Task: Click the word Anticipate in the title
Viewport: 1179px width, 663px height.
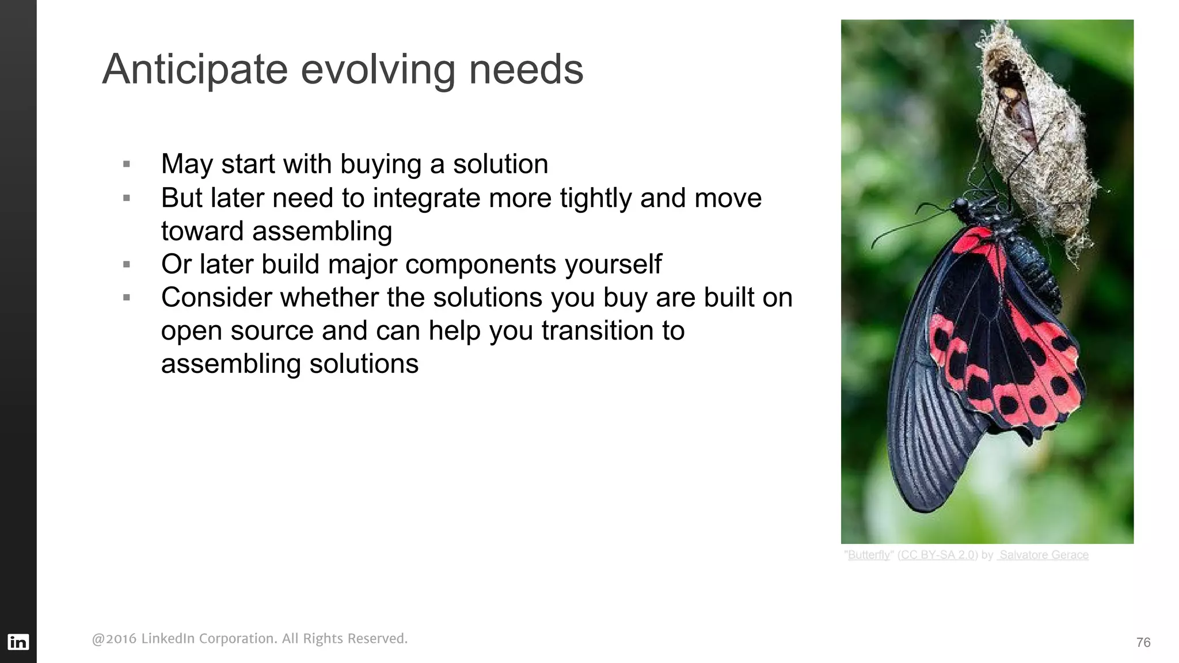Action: [195, 70]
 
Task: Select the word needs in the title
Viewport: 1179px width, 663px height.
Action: [526, 70]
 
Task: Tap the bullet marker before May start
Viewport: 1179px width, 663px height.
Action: [127, 165]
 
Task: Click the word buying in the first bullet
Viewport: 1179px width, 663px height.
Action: [381, 165]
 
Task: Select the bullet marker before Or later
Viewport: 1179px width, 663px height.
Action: [127, 265]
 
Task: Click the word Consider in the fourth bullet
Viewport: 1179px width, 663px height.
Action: [216, 298]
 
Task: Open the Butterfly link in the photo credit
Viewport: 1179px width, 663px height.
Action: [868, 555]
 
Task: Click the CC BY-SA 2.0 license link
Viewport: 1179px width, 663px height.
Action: [937, 555]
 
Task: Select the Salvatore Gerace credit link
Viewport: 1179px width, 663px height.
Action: [1043, 555]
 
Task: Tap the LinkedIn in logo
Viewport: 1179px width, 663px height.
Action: [18, 642]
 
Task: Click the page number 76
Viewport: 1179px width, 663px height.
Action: [1143, 642]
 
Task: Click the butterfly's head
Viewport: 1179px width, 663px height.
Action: [961, 205]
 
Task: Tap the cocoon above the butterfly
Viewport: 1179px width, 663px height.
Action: [1030, 132]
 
